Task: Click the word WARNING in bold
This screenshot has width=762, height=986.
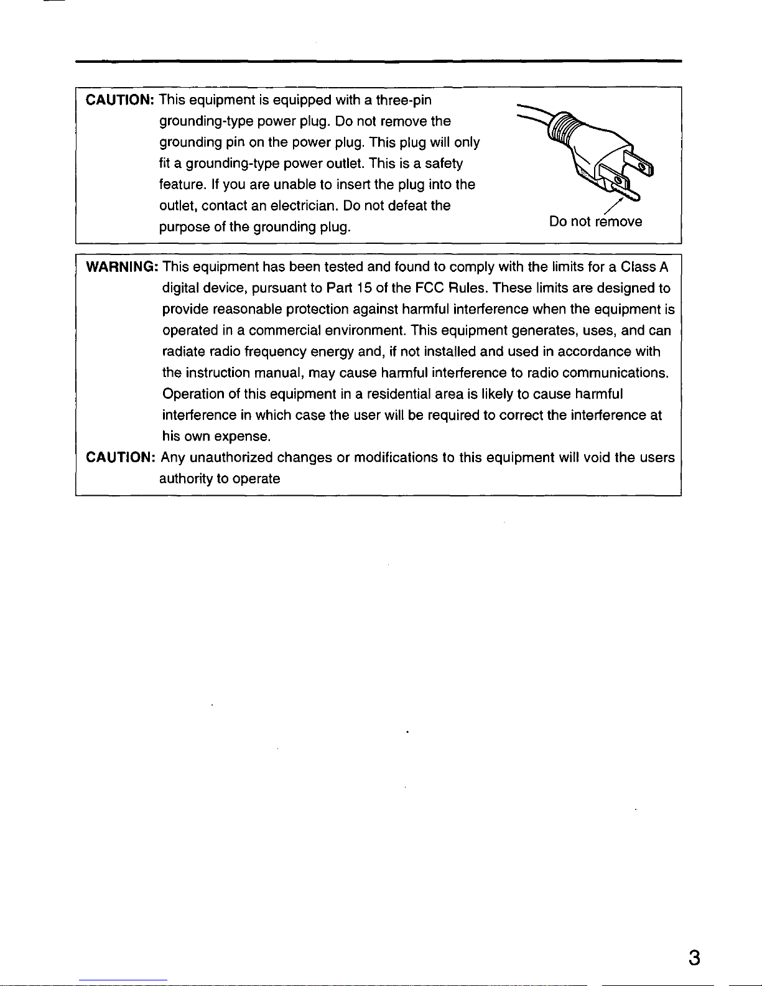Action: click(121, 267)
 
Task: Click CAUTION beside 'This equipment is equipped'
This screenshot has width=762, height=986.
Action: click(120, 100)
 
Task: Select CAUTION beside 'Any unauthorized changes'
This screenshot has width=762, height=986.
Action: click(120, 458)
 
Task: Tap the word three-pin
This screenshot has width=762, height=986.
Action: click(404, 100)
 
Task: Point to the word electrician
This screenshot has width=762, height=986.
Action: click(305, 205)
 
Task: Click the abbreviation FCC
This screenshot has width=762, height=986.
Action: click(429, 289)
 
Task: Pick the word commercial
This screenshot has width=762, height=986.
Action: click(285, 331)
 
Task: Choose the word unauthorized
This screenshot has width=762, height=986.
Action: click(231, 458)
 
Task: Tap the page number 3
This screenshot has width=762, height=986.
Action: click(694, 958)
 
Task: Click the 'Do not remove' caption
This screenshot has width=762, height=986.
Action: click(595, 222)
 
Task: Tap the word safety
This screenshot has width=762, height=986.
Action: click(444, 164)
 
